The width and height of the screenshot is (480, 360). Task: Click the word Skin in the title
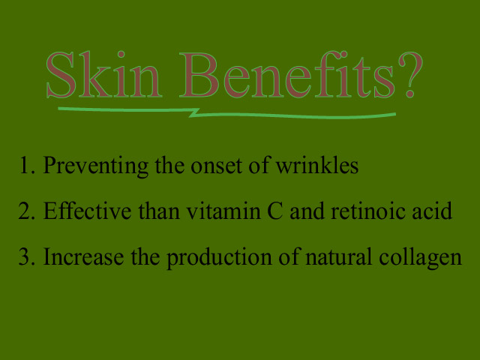click(103, 74)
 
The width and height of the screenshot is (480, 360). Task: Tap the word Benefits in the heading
click(286, 74)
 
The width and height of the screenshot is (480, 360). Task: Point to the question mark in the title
click(410, 74)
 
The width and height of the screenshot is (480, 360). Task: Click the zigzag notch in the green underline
click(194, 112)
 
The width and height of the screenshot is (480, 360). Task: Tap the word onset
click(216, 167)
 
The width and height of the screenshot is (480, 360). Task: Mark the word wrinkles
click(317, 166)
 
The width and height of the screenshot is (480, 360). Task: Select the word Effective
click(87, 211)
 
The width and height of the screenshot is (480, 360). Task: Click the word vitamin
click(223, 211)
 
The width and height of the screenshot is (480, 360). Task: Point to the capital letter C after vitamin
click(275, 211)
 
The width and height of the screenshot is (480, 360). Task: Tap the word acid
click(432, 211)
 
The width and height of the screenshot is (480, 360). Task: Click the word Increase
click(83, 256)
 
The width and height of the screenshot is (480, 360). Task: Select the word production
click(219, 258)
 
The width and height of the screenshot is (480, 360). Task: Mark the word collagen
click(420, 258)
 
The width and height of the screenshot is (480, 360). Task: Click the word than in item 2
click(159, 211)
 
